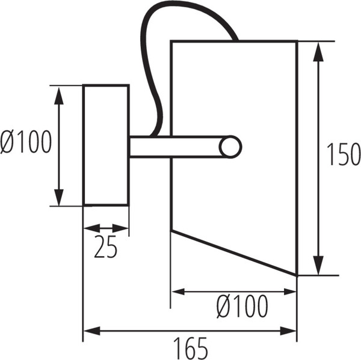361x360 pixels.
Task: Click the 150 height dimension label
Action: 344,154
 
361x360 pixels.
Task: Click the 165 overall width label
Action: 190,348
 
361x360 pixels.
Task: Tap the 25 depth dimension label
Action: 106,246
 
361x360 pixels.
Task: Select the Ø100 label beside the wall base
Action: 26,141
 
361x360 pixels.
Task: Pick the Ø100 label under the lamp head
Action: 242,306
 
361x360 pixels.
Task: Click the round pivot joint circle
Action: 230,147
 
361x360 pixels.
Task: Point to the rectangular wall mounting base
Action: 106,145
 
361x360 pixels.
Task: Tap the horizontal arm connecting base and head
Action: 175,147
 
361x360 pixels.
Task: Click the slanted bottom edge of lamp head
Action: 233,252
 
